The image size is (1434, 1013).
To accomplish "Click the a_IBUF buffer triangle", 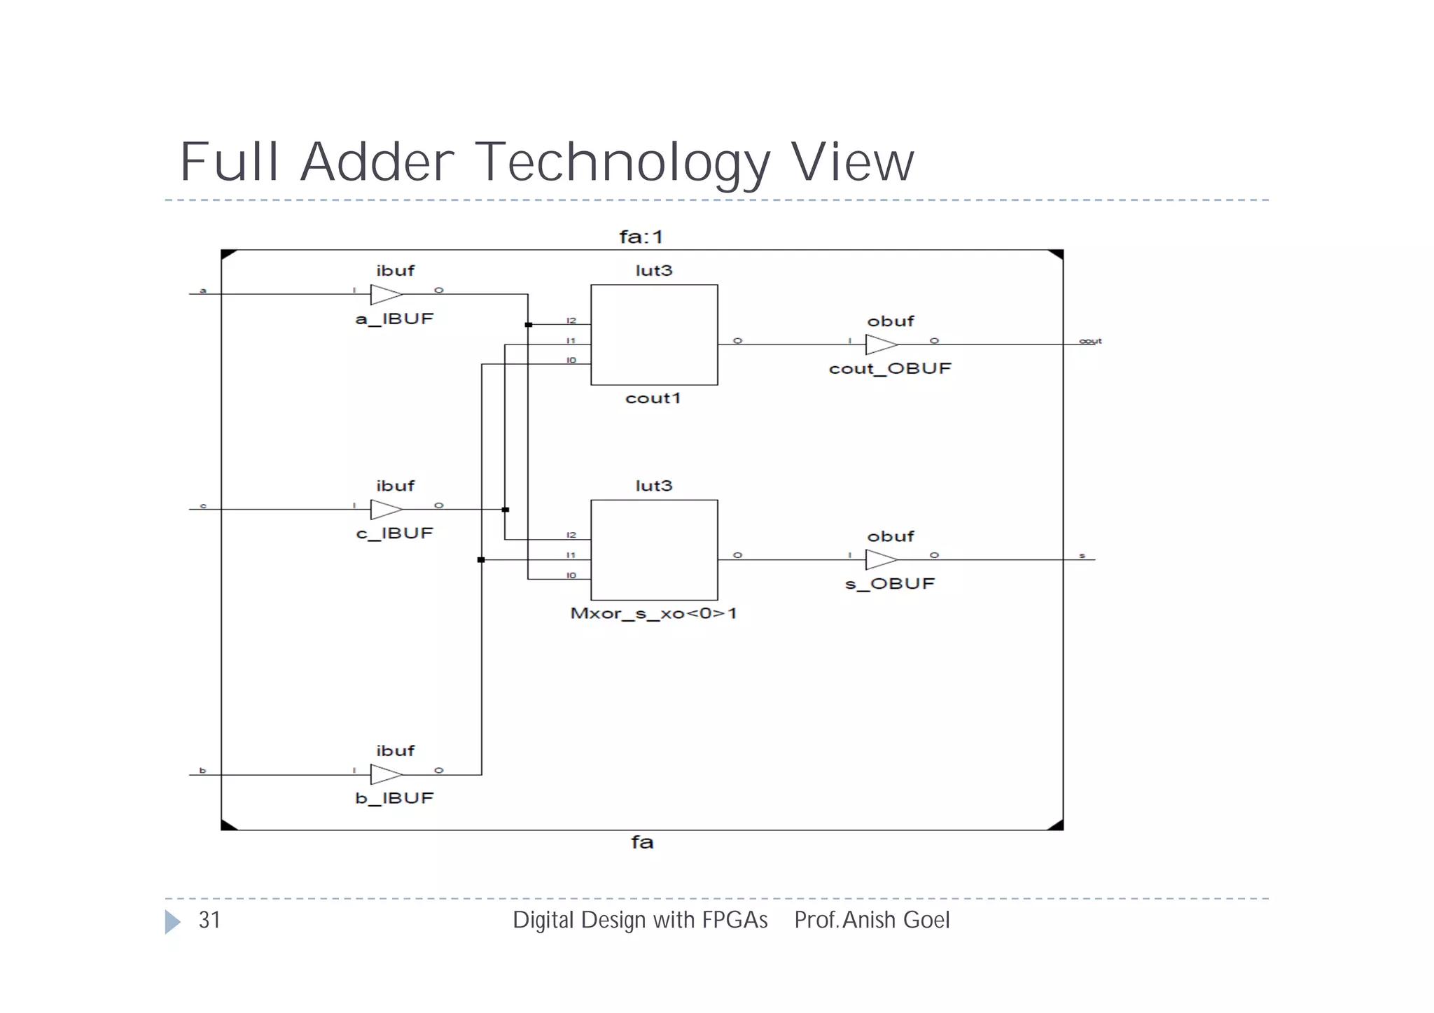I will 385,295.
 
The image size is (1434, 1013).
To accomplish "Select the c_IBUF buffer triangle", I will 385,510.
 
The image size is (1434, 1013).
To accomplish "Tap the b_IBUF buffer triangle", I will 385,774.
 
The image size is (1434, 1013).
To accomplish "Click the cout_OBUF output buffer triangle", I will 880,344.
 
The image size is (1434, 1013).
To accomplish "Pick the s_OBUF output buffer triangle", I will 880,559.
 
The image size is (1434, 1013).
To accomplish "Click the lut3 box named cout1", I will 654,335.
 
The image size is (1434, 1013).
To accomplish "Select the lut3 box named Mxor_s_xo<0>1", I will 654,550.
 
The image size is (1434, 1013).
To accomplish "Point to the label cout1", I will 653,398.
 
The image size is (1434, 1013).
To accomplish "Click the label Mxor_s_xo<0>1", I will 653,614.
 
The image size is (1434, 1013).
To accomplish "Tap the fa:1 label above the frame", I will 641,237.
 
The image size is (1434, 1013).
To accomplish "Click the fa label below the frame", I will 642,841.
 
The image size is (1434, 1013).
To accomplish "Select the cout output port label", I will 1090,341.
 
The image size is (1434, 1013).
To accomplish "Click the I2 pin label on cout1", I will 571,321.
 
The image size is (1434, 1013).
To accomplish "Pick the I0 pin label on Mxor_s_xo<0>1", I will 571,575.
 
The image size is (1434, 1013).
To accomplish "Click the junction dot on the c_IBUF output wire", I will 506,510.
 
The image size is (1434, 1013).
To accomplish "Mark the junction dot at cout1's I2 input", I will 529,325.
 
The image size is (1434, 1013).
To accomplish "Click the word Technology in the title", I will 622,163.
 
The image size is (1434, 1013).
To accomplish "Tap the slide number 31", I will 209,920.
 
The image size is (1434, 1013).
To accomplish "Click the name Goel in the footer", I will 924,920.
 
